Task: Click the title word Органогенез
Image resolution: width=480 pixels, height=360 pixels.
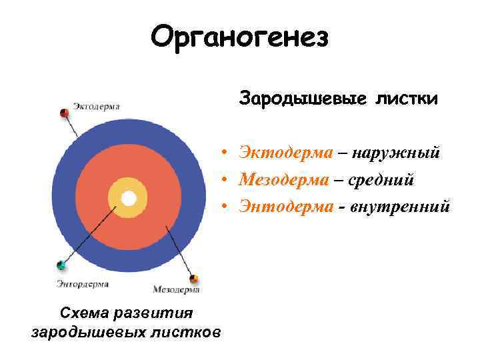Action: pyautogui.click(x=240, y=38)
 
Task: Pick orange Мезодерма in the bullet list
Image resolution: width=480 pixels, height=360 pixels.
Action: pyautogui.click(x=284, y=179)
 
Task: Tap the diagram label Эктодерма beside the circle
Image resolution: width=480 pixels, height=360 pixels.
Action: pyautogui.click(x=96, y=106)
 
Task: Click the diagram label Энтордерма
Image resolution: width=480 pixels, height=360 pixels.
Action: pyautogui.click(x=82, y=284)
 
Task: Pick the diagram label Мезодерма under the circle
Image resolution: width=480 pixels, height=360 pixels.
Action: pyautogui.click(x=176, y=289)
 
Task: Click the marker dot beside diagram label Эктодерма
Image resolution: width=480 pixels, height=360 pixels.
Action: pyautogui.click(x=65, y=113)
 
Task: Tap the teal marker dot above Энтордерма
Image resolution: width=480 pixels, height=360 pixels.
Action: pyautogui.click(x=61, y=265)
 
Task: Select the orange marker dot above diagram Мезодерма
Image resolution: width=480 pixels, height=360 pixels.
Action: pyautogui.click(x=194, y=279)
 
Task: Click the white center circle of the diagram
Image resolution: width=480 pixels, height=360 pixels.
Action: pyautogui.click(x=129, y=198)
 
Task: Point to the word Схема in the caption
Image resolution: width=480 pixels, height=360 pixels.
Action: pyautogui.click(x=82, y=313)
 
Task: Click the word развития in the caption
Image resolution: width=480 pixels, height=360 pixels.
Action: pyautogui.click(x=151, y=313)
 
